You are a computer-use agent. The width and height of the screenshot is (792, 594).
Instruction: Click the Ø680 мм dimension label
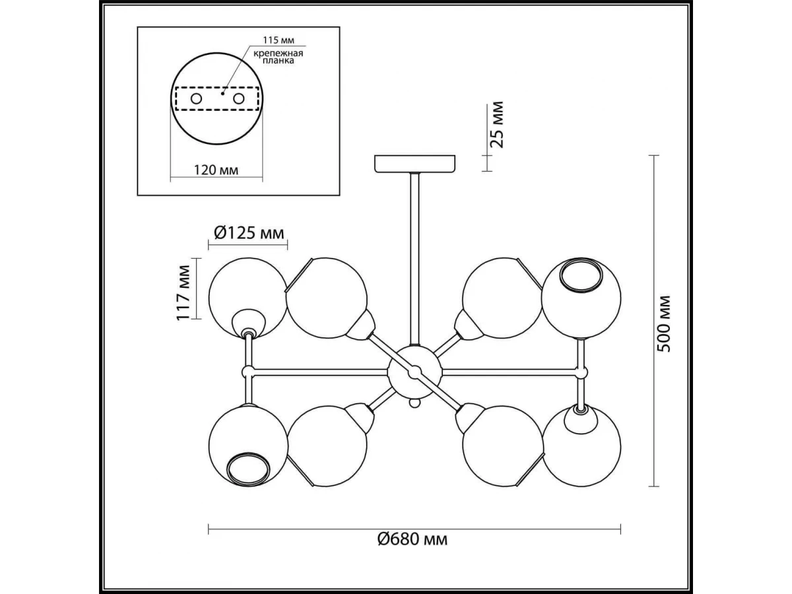coord(412,550)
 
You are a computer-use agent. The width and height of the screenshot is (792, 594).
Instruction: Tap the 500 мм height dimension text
coord(663,323)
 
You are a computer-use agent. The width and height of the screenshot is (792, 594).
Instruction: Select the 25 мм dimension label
coord(496,125)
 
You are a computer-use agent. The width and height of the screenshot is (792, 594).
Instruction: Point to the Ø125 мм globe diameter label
coord(249,233)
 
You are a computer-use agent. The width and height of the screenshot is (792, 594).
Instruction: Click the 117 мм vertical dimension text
coord(183,293)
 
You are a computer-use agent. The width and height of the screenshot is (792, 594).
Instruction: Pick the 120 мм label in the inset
coord(216,170)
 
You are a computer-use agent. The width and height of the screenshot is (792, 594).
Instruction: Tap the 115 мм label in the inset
coord(279,40)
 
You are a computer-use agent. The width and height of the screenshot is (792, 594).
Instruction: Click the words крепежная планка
coord(278,57)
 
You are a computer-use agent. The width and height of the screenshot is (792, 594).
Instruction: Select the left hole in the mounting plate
coord(196,98)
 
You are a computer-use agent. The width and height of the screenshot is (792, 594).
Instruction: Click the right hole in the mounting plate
coord(238,98)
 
